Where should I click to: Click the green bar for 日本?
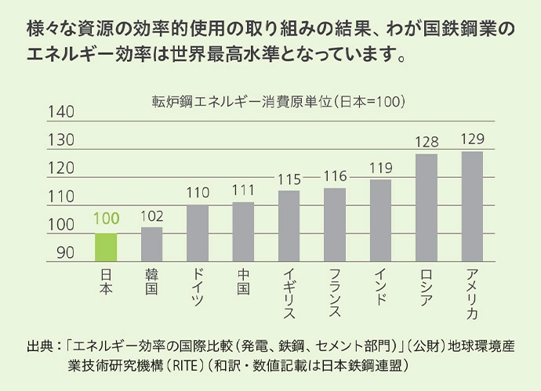[x=106, y=247]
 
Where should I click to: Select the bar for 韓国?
[x=151, y=244]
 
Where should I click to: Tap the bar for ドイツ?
[x=198, y=233]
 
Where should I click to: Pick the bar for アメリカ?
[x=472, y=206]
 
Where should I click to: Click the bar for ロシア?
[x=426, y=208]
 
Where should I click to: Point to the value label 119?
[x=380, y=168]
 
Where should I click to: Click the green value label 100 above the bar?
[x=106, y=219]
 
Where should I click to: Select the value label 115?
[x=289, y=179]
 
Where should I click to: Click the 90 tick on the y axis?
[x=65, y=253]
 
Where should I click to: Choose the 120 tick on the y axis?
[x=61, y=168]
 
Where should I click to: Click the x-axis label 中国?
[x=243, y=281]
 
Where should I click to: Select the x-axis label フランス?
[x=335, y=292]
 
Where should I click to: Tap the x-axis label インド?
[x=380, y=287]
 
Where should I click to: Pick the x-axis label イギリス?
[x=289, y=292]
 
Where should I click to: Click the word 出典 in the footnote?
[x=40, y=346]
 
